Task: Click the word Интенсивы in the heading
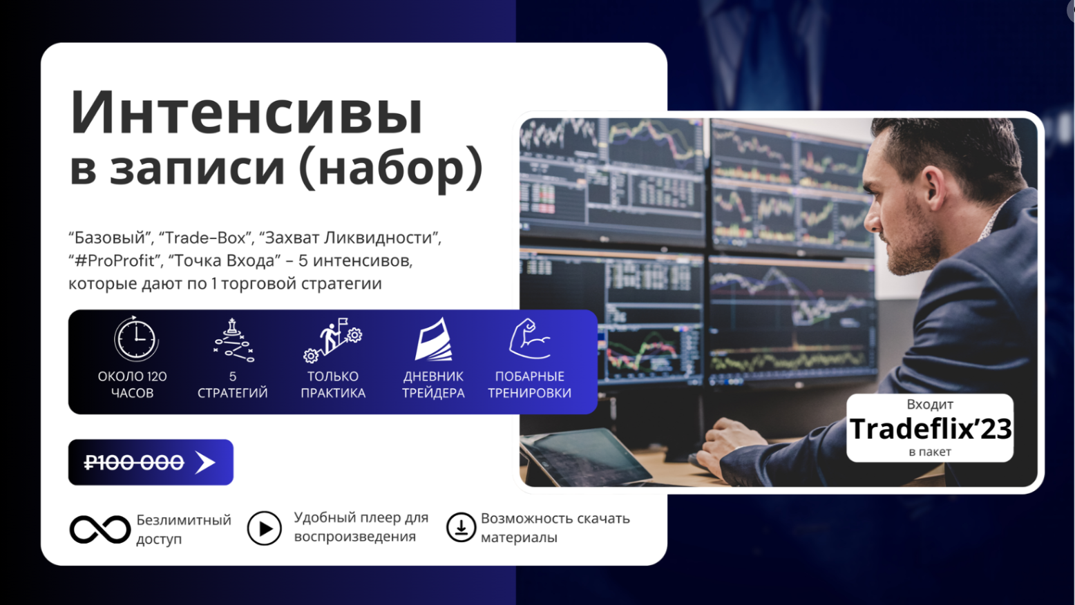click(x=247, y=113)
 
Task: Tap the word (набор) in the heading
click(x=391, y=167)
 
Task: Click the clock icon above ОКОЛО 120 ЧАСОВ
click(x=136, y=338)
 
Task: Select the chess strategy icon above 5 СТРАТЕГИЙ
click(x=233, y=340)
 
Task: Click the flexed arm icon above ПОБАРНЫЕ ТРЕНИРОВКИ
click(x=529, y=338)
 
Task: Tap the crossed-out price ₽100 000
click(x=134, y=463)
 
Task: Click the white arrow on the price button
click(x=205, y=463)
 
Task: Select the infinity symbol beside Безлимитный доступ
click(x=99, y=529)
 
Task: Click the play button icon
click(x=264, y=528)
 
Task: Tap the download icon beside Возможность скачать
click(x=461, y=527)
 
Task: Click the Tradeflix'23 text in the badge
click(x=930, y=428)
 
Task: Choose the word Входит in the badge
click(x=930, y=404)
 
